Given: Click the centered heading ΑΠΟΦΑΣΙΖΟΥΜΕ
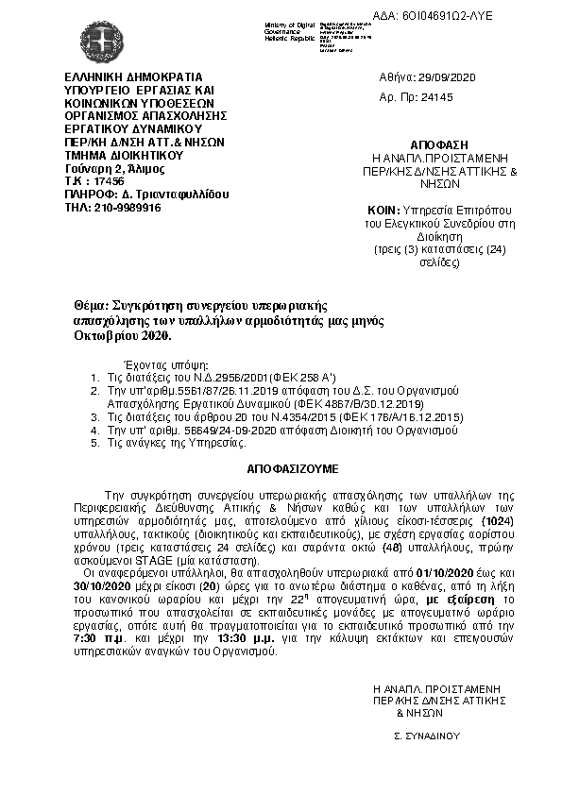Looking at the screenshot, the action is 281,468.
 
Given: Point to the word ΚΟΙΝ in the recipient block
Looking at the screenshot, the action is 385,210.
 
